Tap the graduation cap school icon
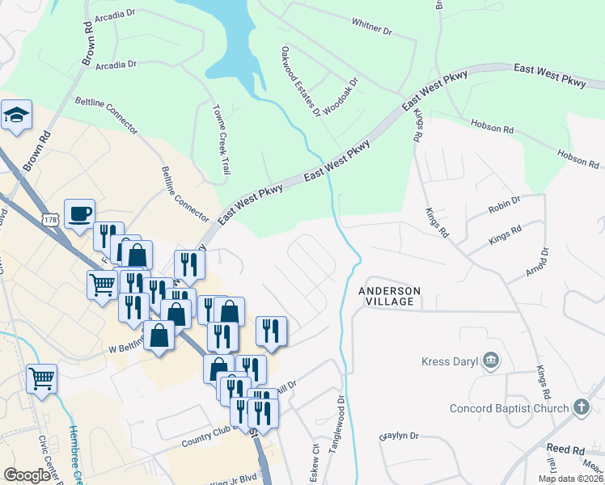[x=16, y=116]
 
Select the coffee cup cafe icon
[x=79, y=214]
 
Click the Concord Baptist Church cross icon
[x=581, y=407]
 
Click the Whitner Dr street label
[x=371, y=28]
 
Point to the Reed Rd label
[x=565, y=449]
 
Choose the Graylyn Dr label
[x=400, y=436]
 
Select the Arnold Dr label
[x=536, y=261]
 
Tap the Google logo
[x=27, y=476]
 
